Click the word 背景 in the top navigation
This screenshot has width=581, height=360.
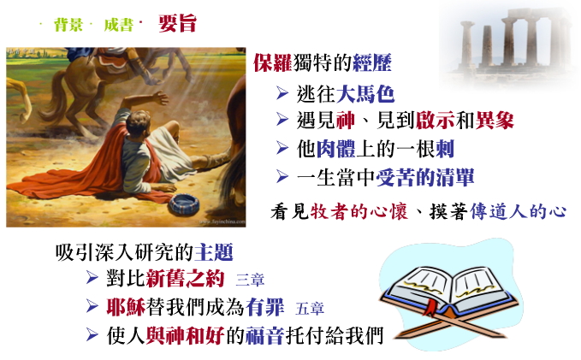68,25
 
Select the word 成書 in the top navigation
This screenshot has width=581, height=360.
119,25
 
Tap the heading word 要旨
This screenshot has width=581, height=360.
177,23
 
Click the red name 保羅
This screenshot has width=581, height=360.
273,62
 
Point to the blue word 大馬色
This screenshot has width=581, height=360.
365,93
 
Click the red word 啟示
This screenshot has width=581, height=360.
435,121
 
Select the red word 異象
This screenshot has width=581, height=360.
495,121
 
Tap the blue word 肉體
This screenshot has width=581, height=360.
335,149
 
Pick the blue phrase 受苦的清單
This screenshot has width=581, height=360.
425,177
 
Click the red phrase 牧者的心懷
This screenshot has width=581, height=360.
359,211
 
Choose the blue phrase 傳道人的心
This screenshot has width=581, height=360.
518,211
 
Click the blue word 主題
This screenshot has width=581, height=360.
214,252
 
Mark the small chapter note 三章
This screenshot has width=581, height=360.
250,280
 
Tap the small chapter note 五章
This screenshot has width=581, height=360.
310,308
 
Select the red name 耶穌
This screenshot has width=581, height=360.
126,307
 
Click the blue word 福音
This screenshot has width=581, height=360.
265,335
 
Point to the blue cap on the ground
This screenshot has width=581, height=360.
184,204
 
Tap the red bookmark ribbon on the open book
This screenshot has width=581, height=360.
431,308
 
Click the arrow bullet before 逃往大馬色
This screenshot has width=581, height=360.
282,93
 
